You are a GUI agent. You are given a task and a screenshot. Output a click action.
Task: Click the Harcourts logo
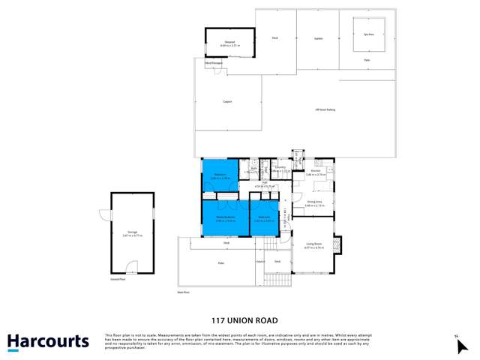pyautogui.click(x=48, y=342)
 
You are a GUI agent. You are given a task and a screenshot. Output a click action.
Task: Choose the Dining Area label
pyautogui.click(x=314, y=203)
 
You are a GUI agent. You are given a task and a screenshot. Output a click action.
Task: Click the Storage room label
pyautogui.click(x=133, y=234)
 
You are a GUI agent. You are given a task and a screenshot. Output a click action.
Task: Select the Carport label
pyautogui.click(x=226, y=102)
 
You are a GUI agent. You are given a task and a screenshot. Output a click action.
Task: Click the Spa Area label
pyautogui.click(x=368, y=34)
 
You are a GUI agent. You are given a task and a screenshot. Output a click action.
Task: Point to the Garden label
pyautogui.click(x=318, y=37)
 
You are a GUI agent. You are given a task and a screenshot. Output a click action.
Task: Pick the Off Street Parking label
pyautogui.click(x=325, y=110)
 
